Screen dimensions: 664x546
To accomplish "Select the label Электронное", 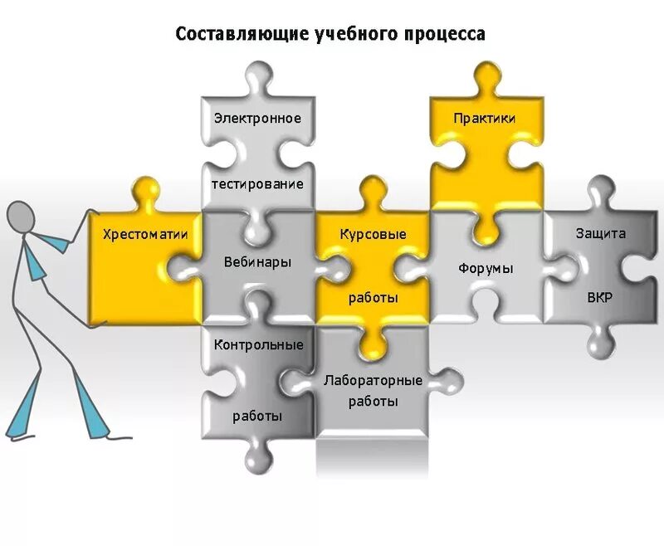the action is coord(257,118).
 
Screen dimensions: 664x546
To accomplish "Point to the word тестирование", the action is coord(258,183).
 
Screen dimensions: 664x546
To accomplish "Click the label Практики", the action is coord(485,118).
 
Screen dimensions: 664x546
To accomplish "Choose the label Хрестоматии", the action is coord(145,235).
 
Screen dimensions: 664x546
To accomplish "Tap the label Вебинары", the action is coord(257,262).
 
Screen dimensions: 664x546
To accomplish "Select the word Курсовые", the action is coord(373,235).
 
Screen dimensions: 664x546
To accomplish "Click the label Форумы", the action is coord(486,268).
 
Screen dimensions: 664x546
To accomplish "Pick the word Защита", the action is coord(601,233).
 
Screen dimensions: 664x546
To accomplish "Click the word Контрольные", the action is coord(258,344).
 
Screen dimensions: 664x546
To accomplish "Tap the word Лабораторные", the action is coord(373,380).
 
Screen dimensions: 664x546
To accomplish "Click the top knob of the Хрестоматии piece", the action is coord(146,190).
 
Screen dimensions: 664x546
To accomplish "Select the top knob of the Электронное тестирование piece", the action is coord(257,78).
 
